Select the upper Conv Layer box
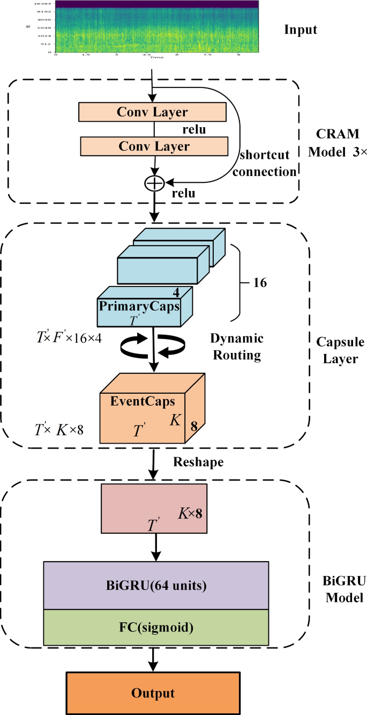click(153, 112)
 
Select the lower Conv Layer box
click(154, 146)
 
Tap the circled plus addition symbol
click(154, 183)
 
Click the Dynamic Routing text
click(237, 346)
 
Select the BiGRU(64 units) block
click(156, 586)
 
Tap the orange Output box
click(153, 693)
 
